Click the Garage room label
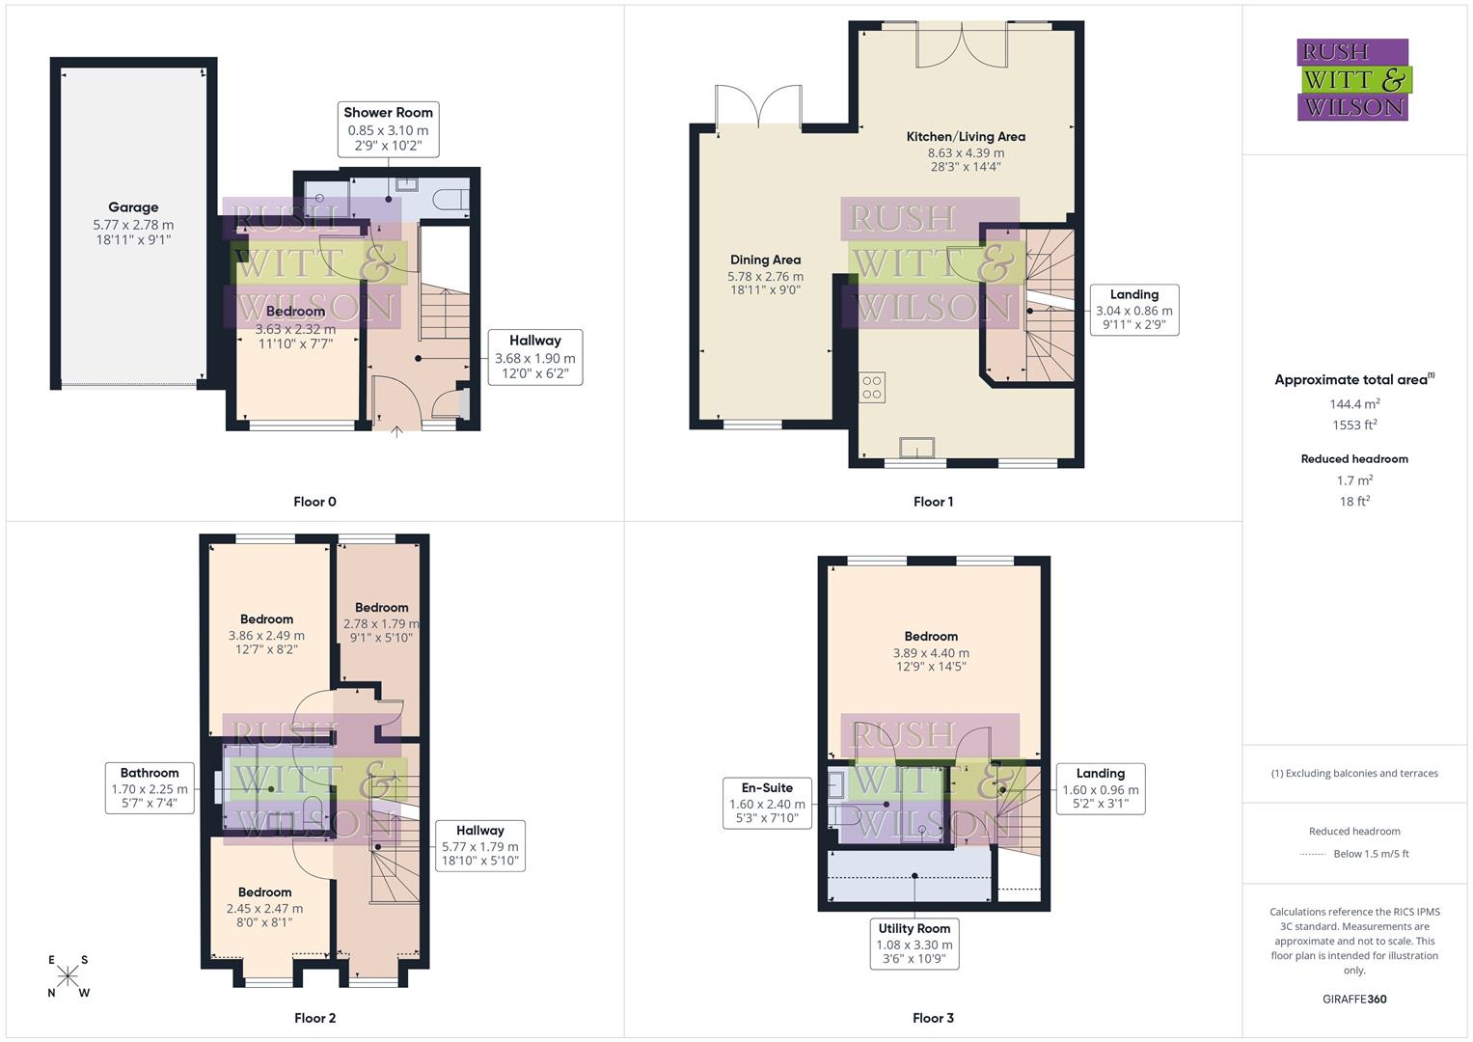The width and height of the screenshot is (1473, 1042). [133, 207]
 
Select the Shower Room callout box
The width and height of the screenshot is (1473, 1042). [388, 129]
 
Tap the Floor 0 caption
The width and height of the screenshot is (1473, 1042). [314, 502]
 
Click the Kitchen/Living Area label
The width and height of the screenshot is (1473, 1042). [966, 137]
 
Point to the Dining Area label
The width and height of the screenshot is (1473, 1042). [765, 260]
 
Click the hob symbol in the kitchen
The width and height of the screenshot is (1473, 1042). [872, 388]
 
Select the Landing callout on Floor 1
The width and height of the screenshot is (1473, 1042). [1133, 310]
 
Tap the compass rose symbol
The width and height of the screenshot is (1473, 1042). [68, 976]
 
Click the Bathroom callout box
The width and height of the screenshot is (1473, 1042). [150, 787]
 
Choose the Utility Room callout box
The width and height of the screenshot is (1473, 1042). [914, 944]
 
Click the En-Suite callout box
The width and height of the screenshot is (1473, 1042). [767, 803]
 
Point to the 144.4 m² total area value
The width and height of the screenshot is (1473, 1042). [1354, 404]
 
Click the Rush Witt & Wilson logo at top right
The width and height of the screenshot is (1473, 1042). [1353, 80]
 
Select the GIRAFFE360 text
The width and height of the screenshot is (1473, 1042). [1354, 1000]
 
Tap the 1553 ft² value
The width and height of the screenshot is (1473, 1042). [1354, 425]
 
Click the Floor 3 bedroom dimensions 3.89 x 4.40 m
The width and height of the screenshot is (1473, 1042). [931, 653]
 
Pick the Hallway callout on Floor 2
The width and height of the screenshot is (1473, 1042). [479, 846]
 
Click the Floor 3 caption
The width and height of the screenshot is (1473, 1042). [933, 1018]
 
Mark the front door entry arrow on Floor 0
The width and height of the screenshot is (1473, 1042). [396, 432]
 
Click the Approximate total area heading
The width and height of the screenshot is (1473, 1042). [1354, 380]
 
